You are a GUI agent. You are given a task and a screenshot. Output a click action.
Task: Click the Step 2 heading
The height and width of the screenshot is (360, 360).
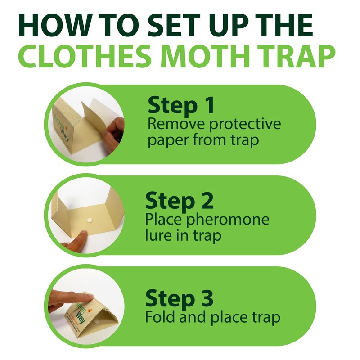click(179, 202)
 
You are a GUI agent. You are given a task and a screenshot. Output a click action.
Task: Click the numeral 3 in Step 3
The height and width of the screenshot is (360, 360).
click(206, 298)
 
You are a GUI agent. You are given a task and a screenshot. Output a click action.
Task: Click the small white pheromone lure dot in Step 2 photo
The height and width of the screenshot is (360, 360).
click(88, 221)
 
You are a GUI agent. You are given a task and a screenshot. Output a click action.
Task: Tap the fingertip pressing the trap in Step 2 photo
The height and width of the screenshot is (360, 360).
click(81, 234)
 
